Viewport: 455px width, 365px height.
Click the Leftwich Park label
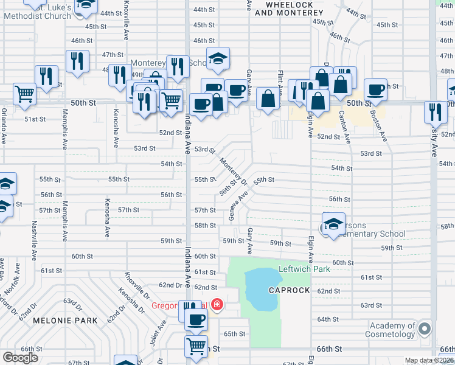[304, 269]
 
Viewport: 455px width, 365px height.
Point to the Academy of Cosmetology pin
[425, 329]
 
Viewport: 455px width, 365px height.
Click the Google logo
[21, 358]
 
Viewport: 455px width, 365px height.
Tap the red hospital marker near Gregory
[217, 304]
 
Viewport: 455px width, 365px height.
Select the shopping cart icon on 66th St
[196, 346]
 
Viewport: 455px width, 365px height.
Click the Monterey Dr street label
[233, 172]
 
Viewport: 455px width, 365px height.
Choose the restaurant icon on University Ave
[436, 111]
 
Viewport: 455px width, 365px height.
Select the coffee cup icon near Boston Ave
[375, 89]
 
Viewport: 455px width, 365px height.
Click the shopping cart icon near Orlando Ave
[25, 94]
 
